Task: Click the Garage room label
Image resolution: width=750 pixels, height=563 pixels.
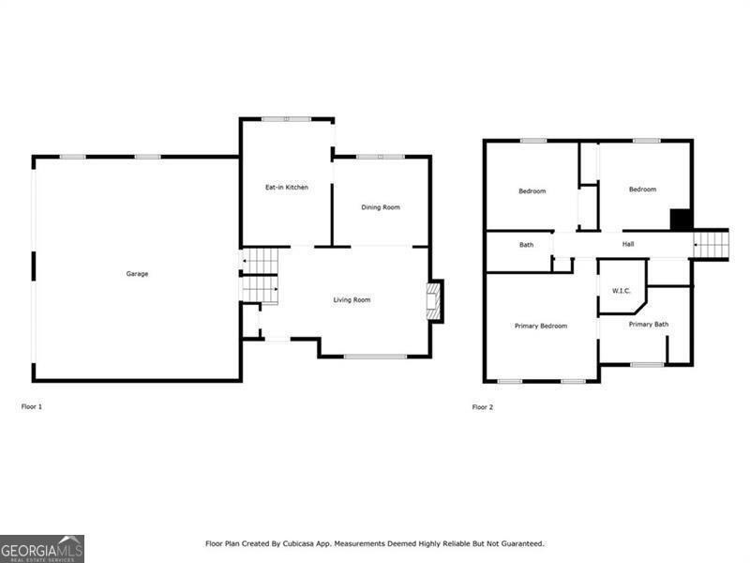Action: coord(137,274)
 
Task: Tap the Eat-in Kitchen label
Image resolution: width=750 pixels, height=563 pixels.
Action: coord(287,187)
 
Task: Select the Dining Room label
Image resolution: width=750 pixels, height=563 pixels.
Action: coord(381,207)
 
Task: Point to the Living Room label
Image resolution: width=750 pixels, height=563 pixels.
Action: coord(352,299)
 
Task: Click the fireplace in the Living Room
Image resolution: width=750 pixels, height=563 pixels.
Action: coord(433,301)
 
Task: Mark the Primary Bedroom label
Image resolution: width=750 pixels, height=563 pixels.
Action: coord(541,326)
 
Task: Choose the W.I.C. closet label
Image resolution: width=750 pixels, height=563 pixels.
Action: coord(622,291)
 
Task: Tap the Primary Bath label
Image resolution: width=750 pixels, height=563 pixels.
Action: coord(648,324)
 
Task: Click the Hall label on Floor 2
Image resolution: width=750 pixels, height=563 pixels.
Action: coord(628,244)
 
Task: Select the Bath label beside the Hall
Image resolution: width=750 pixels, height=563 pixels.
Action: coord(526,245)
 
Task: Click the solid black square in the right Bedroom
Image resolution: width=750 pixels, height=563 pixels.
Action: coord(682,220)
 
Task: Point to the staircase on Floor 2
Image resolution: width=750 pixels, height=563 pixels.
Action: coord(711,244)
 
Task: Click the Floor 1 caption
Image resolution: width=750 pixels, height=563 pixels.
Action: coord(32,406)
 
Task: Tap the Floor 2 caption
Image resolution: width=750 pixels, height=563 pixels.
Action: coord(482,407)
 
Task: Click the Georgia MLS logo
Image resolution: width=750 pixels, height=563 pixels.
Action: coord(42,549)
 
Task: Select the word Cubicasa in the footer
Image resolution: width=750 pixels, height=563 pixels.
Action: coord(298,544)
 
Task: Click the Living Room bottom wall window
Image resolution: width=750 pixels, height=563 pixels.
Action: coord(375,357)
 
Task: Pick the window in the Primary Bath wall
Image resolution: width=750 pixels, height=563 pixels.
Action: coord(647,365)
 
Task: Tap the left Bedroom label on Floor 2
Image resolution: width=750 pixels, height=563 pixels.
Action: coord(532,191)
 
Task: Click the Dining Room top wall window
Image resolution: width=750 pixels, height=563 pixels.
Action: coord(381,157)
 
